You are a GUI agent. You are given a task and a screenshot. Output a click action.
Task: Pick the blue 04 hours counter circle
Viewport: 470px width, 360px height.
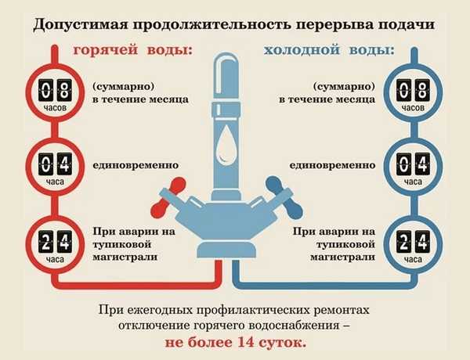(x=414, y=166)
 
